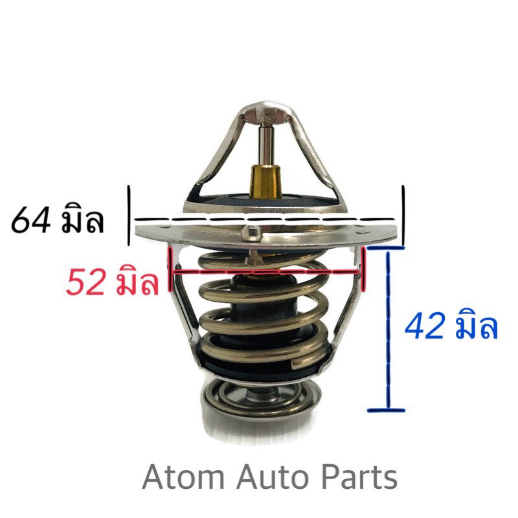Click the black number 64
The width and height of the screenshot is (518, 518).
(31, 220)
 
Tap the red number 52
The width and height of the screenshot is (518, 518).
(85, 282)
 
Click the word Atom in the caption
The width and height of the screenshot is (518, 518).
(183, 477)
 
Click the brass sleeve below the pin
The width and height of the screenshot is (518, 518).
(265, 181)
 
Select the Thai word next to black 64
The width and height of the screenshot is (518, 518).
(83, 218)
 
